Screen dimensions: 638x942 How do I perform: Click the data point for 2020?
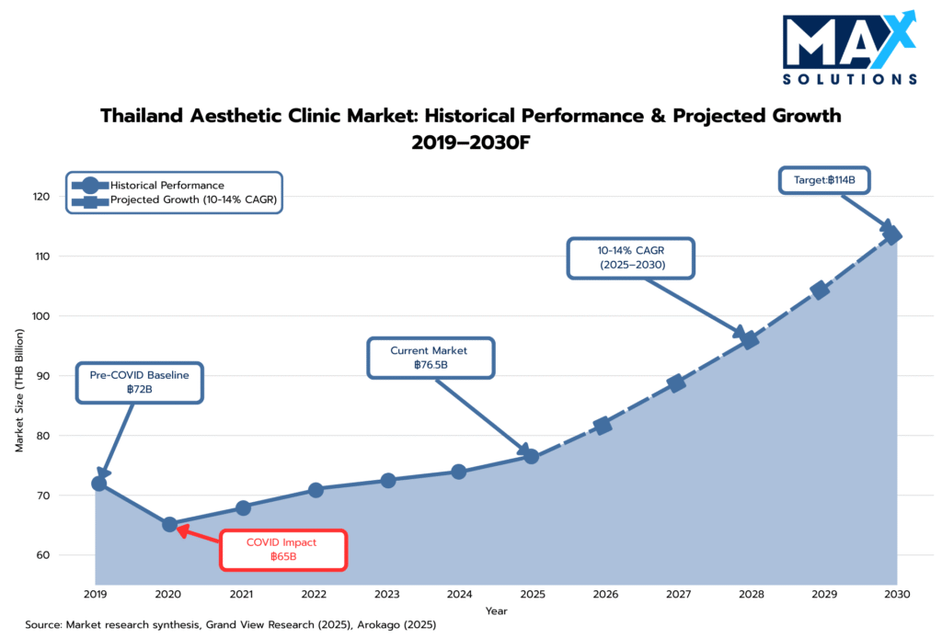point(170,525)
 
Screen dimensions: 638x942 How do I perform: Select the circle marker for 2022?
point(316,490)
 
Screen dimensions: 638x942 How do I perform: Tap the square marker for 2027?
point(676,383)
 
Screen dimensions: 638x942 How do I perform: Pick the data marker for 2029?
point(820,291)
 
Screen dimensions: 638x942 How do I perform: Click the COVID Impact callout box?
point(282,550)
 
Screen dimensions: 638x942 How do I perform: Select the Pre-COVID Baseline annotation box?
point(140,382)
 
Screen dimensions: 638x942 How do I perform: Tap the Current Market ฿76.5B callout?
point(431,358)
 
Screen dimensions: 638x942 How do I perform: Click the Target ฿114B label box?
point(824,180)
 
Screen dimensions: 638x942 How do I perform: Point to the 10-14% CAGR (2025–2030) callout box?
point(631,258)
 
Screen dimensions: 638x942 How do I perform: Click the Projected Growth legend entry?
point(192,199)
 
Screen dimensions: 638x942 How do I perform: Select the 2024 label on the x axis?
point(459,594)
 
